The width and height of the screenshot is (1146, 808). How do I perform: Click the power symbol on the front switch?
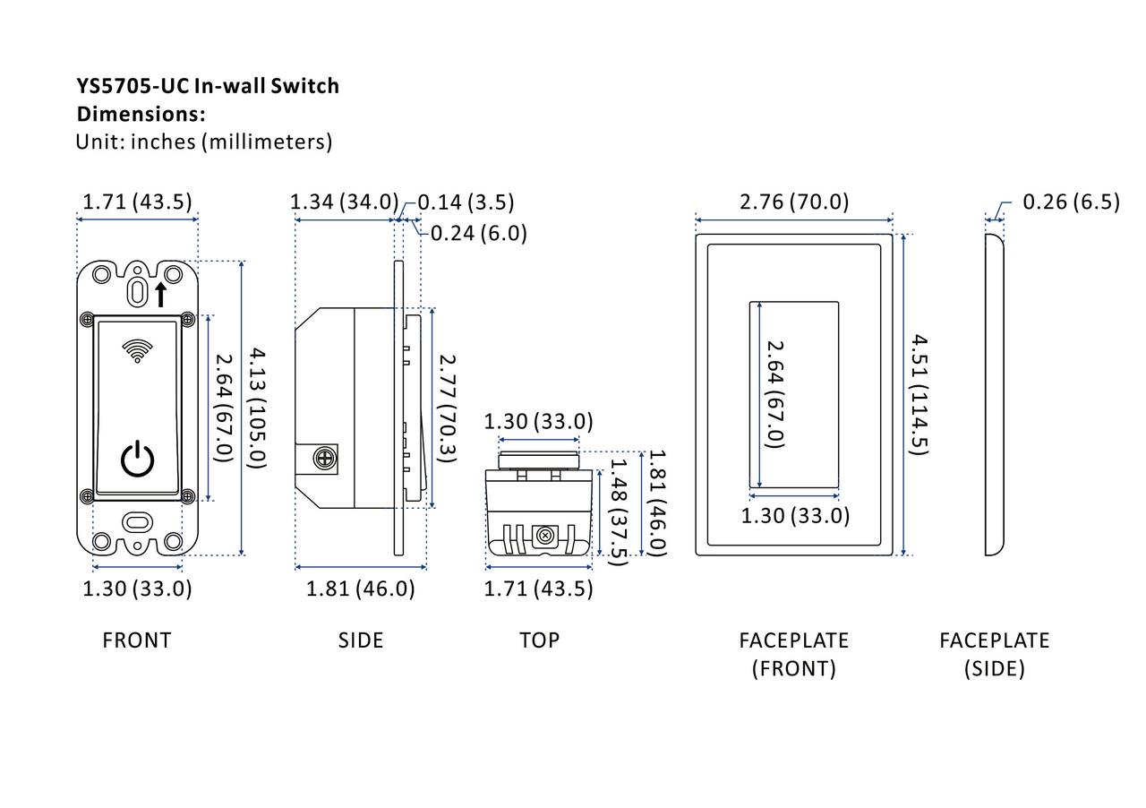click(x=137, y=459)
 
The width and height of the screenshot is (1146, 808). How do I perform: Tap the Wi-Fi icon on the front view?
click(x=137, y=351)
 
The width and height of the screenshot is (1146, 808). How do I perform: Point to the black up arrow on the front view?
click(x=160, y=295)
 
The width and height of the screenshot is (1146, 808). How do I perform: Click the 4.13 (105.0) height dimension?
click(x=257, y=408)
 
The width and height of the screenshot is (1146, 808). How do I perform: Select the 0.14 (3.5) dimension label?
click(x=466, y=202)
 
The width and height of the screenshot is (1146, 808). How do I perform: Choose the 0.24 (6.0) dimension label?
click(x=478, y=234)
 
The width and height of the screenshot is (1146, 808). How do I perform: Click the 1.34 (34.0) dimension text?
click(x=344, y=202)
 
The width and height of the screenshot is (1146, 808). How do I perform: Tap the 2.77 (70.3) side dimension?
click(x=448, y=408)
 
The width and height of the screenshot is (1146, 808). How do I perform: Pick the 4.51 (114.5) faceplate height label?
click(x=919, y=394)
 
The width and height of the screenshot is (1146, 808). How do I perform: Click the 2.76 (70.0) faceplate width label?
click(x=794, y=202)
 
